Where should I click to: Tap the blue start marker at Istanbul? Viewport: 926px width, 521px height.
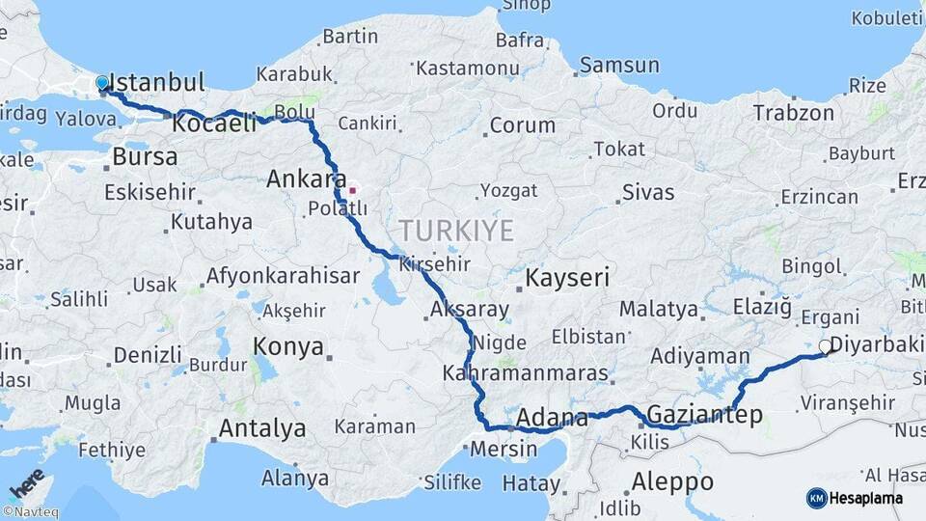[x=102, y=84]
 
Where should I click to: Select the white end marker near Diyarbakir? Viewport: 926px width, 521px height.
[x=825, y=346]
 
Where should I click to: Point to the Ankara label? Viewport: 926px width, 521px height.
[x=306, y=178]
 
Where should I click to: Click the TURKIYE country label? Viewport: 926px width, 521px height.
[x=456, y=230]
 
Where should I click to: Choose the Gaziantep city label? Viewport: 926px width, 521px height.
[x=705, y=415]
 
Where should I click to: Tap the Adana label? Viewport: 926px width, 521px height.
[x=552, y=418]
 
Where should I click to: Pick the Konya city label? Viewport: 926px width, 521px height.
[x=287, y=347]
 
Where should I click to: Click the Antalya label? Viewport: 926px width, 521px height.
[x=262, y=428]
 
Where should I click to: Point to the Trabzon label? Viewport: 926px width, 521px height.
[x=794, y=112]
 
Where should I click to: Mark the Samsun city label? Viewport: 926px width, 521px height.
[x=620, y=66]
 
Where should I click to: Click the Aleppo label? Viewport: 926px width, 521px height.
[x=672, y=481]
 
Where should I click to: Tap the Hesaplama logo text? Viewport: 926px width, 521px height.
[x=867, y=498]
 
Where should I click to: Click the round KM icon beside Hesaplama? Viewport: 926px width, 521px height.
[x=817, y=498]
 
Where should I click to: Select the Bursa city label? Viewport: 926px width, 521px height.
[x=145, y=156]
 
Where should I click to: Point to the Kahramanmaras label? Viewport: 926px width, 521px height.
[x=526, y=372]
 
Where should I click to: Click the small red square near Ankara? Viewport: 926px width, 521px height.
[x=353, y=189]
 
